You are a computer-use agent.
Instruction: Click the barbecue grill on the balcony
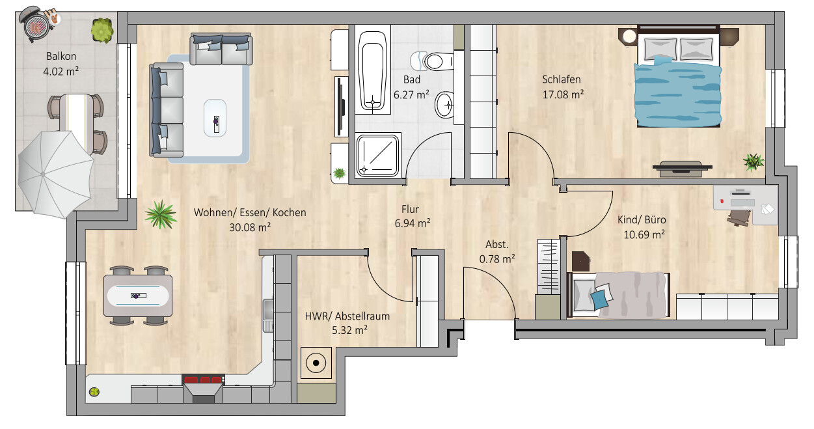(35, 23)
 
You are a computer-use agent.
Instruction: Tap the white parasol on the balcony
(55, 174)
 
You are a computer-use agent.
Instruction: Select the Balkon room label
(61, 57)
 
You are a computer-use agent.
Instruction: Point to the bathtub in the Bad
(372, 70)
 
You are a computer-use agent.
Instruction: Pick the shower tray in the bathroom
(377, 156)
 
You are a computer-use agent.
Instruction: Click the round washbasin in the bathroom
(444, 105)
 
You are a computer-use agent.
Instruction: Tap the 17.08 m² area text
(563, 94)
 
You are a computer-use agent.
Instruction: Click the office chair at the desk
(739, 217)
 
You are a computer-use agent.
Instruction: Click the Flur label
(411, 210)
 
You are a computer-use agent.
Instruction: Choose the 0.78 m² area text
(497, 259)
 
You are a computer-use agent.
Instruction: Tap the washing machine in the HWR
(316, 363)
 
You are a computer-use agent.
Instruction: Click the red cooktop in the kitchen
(203, 380)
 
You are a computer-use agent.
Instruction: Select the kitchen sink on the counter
(268, 315)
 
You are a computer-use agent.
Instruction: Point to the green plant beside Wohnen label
(161, 215)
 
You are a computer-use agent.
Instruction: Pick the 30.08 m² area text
(250, 228)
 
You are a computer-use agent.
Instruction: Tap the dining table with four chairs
(138, 296)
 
